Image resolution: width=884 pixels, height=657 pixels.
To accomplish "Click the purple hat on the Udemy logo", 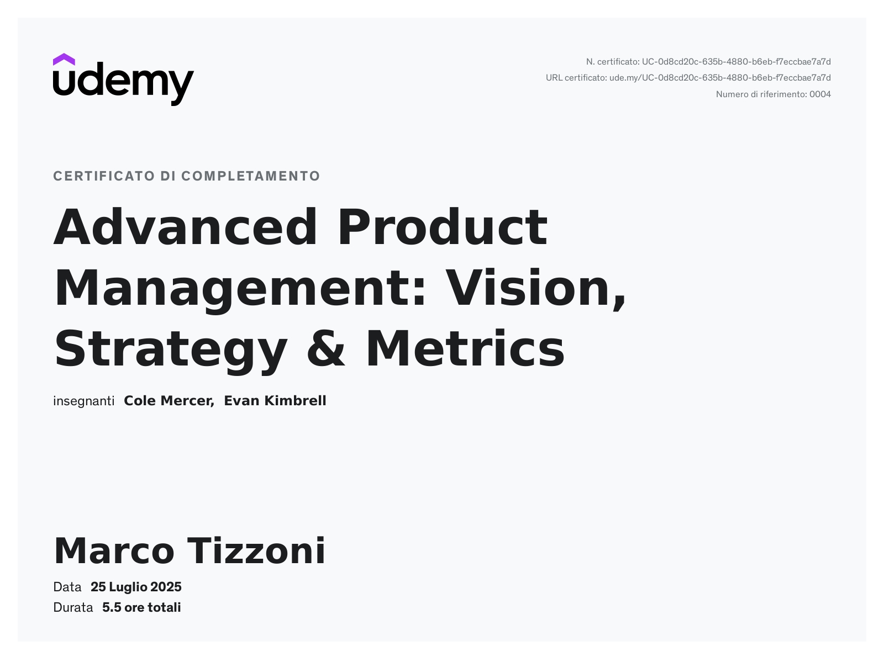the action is click(x=64, y=60).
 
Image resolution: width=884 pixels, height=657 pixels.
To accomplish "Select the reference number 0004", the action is click(x=820, y=94).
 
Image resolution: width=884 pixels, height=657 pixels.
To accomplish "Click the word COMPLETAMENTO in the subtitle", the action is click(x=251, y=176).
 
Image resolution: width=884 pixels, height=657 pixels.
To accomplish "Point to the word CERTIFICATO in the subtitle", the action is click(x=104, y=176).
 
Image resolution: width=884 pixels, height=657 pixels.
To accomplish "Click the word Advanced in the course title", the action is click(x=185, y=227).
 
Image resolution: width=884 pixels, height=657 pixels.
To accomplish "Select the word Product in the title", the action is click(x=443, y=227).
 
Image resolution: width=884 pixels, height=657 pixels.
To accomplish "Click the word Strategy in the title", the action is click(x=171, y=351).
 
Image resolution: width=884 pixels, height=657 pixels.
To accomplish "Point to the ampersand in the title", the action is click(x=325, y=348).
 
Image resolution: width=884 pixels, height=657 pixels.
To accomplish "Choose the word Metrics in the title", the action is click(x=465, y=348).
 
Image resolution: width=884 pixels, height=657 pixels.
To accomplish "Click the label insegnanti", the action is click(x=83, y=401).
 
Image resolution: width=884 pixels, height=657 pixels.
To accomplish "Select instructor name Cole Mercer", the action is click(x=169, y=401).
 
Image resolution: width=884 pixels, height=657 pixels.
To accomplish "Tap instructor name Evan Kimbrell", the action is click(x=275, y=401).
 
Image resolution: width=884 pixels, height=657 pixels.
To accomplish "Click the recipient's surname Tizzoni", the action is click(x=256, y=550).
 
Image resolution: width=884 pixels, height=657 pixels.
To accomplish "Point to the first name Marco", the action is click(x=114, y=550).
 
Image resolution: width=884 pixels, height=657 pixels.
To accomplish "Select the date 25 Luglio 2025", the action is click(x=136, y=587).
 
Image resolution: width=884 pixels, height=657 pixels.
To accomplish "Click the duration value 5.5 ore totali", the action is click(x=141, y=608).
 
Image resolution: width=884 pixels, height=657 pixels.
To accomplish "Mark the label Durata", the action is click(x=73, y=608).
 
